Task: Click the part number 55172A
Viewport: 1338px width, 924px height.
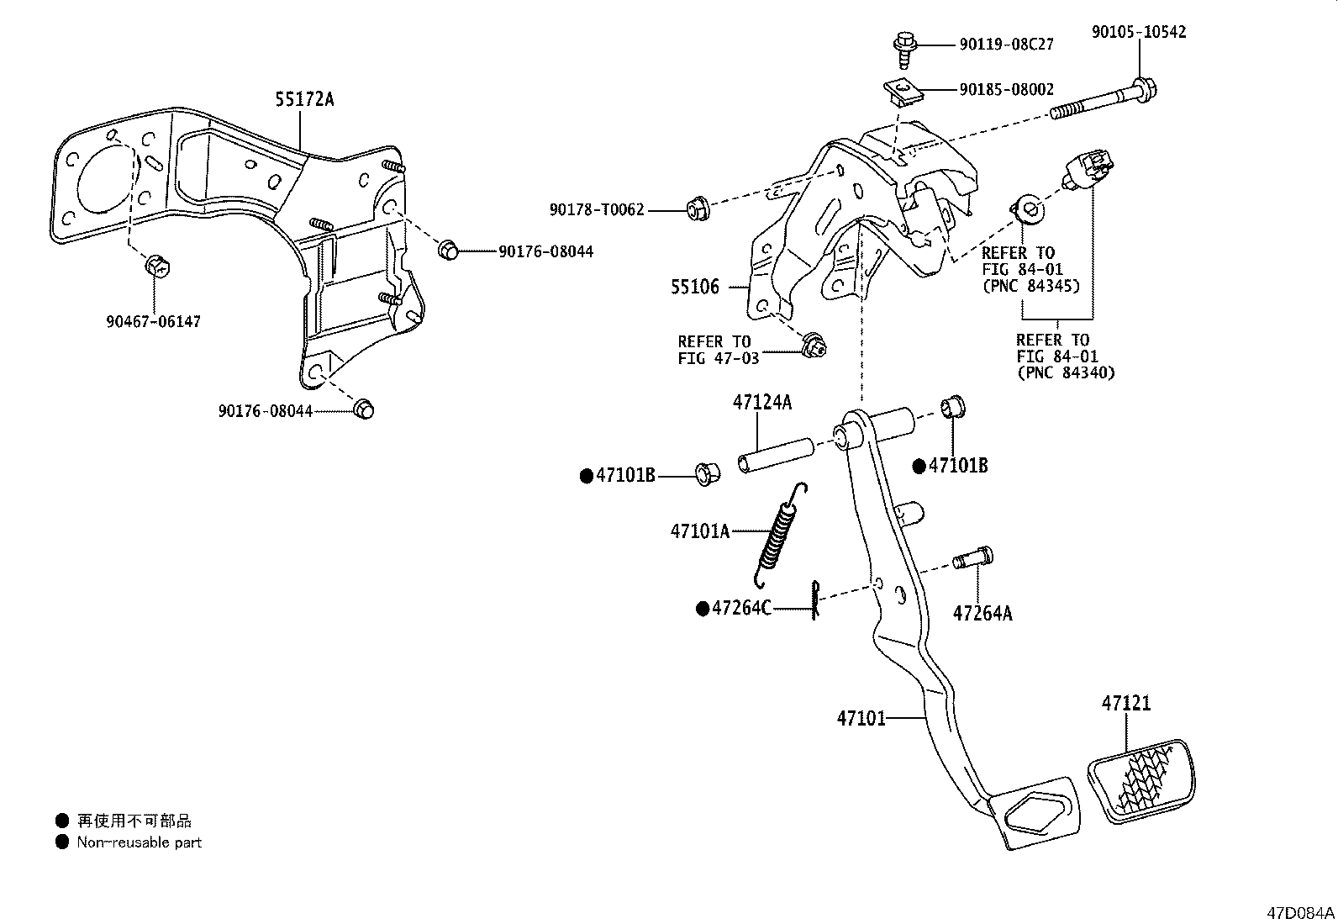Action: (303, 100)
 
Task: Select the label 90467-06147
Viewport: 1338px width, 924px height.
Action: (154, 321)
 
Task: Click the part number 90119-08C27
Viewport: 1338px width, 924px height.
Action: (1006, 44)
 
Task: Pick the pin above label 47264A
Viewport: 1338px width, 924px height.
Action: (973, 558)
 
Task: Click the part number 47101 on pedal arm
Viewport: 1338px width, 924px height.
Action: (861, 719)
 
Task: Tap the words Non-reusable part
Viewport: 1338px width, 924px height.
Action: (139, 842)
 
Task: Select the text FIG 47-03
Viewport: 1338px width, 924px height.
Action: (718, 358)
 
